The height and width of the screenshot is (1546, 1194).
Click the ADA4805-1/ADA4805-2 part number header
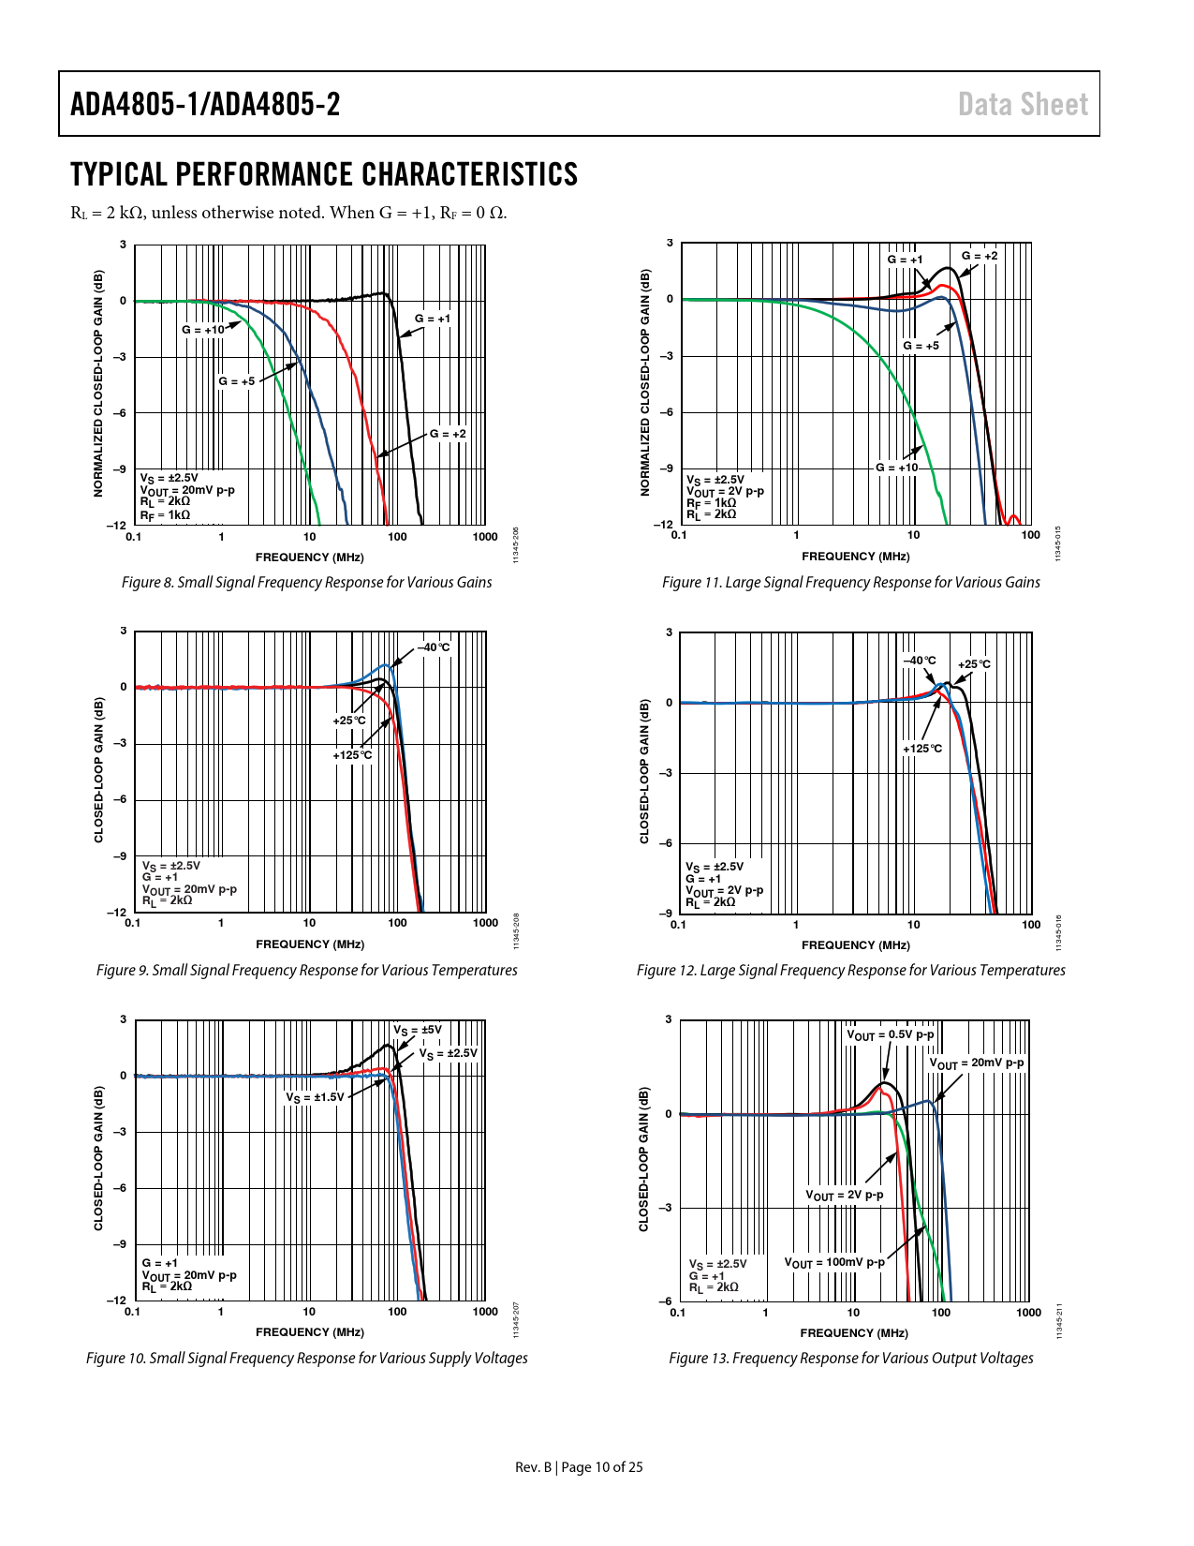point(205,104)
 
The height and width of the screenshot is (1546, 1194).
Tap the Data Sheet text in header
point(1023,104)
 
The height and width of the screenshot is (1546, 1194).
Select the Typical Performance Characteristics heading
point(324,174)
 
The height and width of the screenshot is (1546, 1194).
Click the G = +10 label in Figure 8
point(203,330)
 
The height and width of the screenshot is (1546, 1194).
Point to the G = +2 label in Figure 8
point(448,434)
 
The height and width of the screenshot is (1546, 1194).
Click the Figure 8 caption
point(306,583)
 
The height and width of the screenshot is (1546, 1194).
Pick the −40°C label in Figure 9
point(434,647)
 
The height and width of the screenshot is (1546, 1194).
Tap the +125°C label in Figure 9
point(352,755)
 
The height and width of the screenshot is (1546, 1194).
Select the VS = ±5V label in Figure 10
point(417,1030)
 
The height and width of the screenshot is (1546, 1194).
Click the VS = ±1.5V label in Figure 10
point(315,1097)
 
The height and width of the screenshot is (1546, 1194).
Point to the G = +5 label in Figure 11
point(921,346)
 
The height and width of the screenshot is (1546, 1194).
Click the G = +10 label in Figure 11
point(897,468)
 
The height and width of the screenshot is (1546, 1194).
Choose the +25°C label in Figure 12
point(974,664)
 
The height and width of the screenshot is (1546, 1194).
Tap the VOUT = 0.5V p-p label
point(890,1035)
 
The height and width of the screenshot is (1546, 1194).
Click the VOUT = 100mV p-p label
point(833,1263)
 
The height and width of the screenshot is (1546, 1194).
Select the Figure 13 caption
point(850,1359)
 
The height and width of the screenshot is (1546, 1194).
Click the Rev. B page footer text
point(579,1467)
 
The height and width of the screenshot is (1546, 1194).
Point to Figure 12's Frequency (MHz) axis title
point(855,945)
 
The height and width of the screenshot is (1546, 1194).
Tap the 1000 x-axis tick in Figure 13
point(1028,1313)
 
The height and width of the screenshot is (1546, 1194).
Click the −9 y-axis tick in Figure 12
point(667,914)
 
